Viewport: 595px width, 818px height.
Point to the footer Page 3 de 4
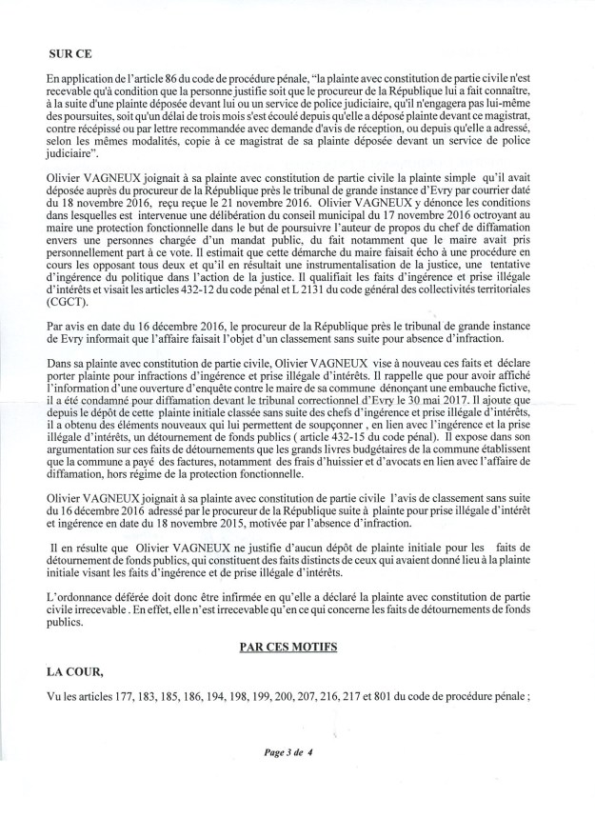click(289, 751)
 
